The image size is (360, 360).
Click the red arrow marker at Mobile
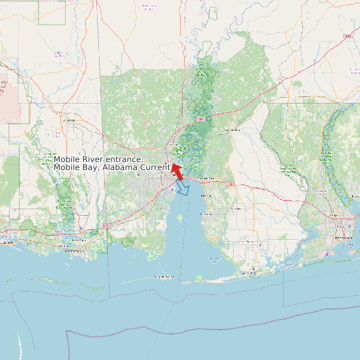tap(177, 171)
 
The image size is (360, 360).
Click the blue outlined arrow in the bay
tap(182, 189)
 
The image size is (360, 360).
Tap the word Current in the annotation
tap(155, 167)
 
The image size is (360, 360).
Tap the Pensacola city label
tap(344, 237)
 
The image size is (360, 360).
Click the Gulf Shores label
tap(248, 273)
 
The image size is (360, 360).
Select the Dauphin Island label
tap(164, 276)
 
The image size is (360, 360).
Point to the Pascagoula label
tap(74, 252)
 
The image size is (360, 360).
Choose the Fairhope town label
tap(207, 215)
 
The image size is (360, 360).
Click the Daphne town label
tap(206, 195)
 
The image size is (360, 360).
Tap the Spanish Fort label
tap(207, 179)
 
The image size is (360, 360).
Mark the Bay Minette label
tap(231, 130)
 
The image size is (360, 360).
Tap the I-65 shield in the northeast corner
tap(347, 36)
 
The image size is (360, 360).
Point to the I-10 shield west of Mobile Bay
tap(106, 225)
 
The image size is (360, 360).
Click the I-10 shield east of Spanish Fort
tap(230, 183)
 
